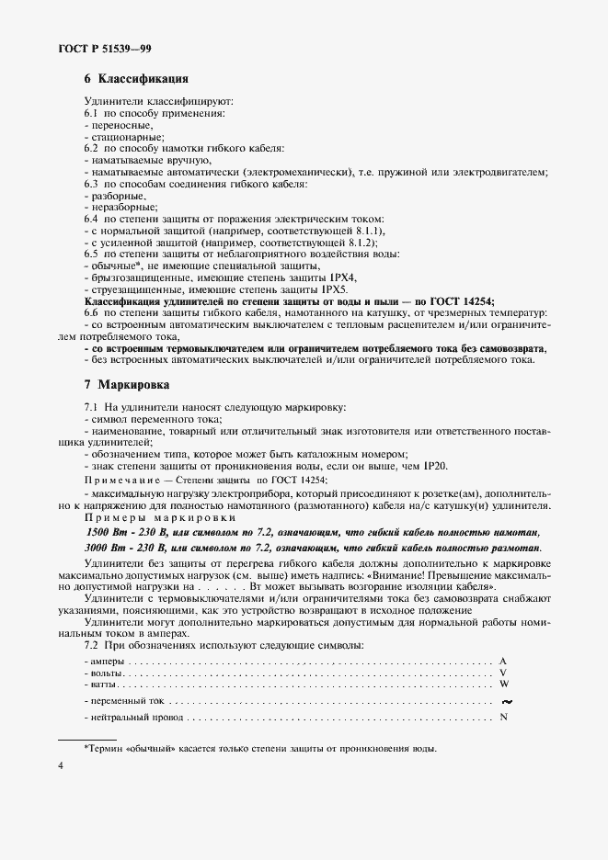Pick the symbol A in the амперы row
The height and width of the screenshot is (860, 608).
tap(503, 662)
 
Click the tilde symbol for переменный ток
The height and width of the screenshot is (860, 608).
tap(504, 701)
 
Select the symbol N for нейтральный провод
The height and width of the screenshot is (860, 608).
tap(503, 717)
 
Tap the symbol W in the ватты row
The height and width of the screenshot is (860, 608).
tap(503, 685)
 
